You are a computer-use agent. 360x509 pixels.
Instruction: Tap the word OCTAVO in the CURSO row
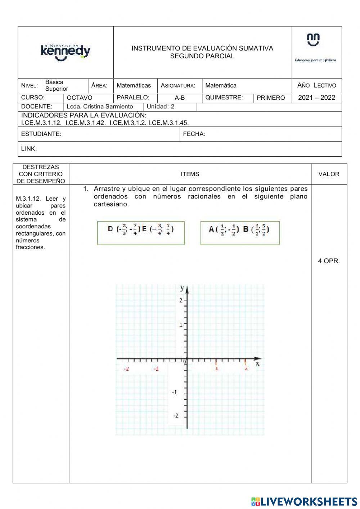tap(80, 98)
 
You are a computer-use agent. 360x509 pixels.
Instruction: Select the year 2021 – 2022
tap(316, 98)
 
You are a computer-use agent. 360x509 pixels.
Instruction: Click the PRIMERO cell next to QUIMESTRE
tap(271, 98)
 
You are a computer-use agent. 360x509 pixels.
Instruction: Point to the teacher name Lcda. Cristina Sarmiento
tap(100, 107)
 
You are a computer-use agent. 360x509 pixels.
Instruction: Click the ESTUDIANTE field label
tap(41, 134)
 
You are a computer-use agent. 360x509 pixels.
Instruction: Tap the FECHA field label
tap(194, 134)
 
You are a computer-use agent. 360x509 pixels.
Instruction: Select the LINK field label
tap(29, 149)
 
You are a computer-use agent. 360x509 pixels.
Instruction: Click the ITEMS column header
tap(190, 174)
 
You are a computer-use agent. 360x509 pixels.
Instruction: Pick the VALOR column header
tap(329, 174)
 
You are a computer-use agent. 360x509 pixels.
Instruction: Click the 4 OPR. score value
tap(329, 261)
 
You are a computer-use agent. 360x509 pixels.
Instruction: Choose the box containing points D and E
tap(141, 233)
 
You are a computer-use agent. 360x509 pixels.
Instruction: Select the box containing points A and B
tap(240, 233)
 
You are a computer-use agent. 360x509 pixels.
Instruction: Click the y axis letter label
tap(182, 288)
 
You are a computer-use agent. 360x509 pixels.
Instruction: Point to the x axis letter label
tap(257, 364)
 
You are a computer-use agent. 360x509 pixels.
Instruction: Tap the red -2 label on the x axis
tap(126, 369)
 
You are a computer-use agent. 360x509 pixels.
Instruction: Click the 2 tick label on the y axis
tap(181, 300)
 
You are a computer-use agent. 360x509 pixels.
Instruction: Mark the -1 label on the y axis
tap(174, 392)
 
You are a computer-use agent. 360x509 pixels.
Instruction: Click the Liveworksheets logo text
tap(305, 501)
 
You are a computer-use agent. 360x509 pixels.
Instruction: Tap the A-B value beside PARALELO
tap(180, 98)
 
